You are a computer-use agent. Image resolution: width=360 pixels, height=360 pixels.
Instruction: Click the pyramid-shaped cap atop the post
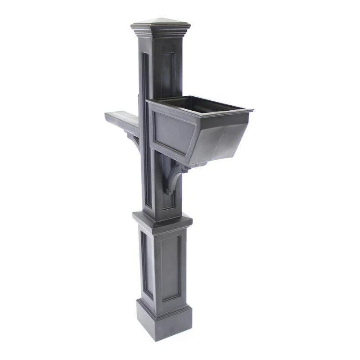(x=161, y=22)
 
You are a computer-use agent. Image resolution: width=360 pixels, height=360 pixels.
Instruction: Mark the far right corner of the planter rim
(x=252, y=110)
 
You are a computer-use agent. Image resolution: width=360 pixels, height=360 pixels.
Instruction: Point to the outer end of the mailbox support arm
(x=108, y=117)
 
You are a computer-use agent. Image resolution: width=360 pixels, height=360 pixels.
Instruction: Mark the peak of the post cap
(x=161, y=18)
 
